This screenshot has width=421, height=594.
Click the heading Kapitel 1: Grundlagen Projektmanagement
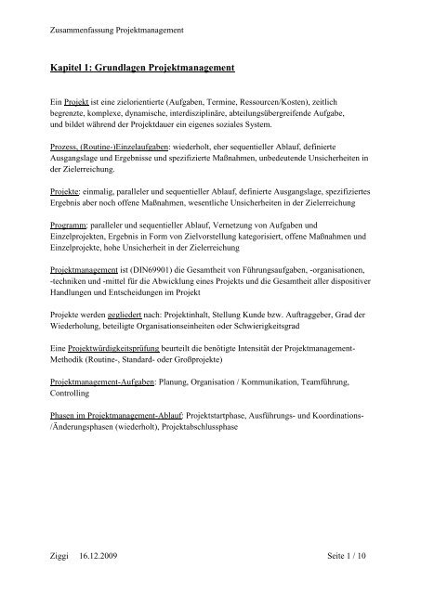150,70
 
